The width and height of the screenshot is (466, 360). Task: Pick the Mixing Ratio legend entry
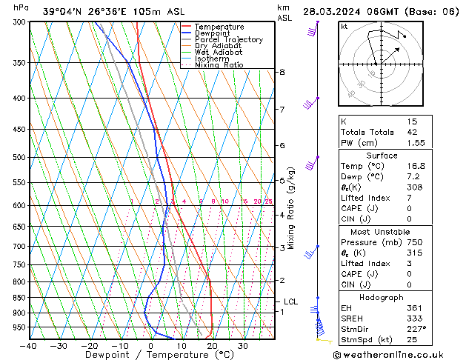click(x=219, y=65)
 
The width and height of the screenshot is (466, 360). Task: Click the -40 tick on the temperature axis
click(x=29, y=346)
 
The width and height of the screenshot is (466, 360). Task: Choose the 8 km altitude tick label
click(x=282, y=72)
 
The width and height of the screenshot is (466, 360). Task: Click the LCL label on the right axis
click(x=290, y=302)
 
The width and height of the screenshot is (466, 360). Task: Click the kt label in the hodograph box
click(x=344, y=27)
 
